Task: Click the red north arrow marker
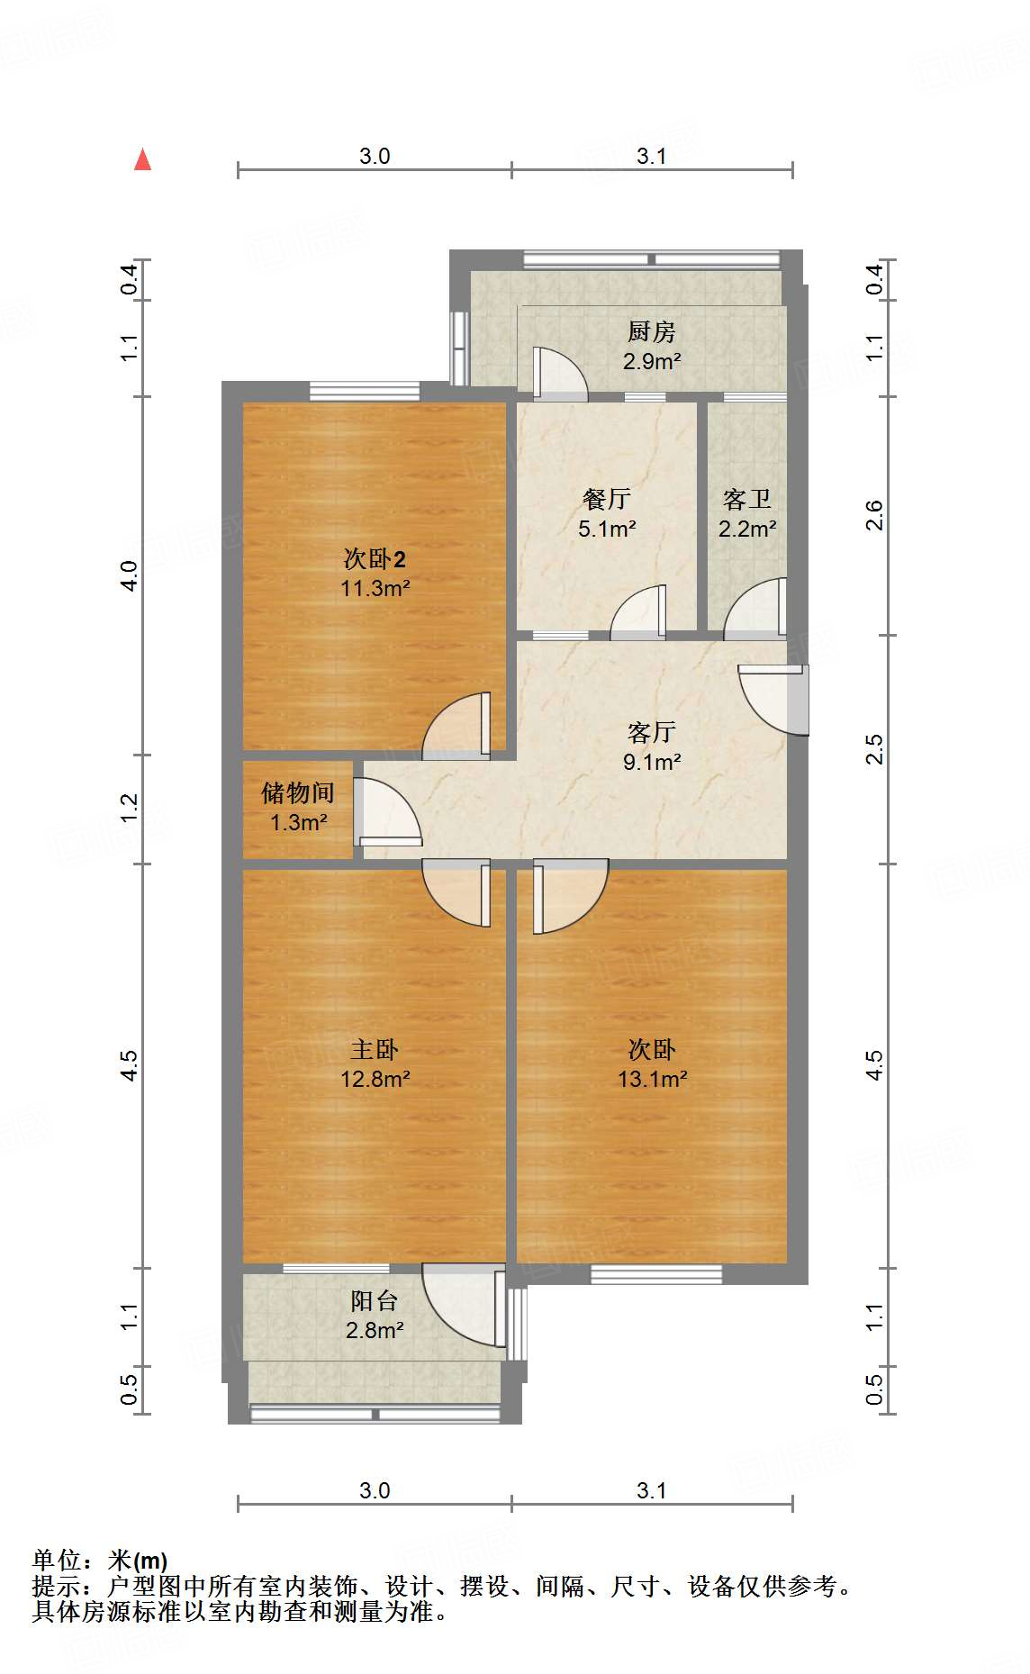(142, 160)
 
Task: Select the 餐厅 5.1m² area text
(606, 529)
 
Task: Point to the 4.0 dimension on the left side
(129, 575)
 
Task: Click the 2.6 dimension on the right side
(873, 515)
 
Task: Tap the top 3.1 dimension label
(651, 156)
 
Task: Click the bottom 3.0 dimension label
(375, 1490)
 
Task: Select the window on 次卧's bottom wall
(655, 1273)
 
